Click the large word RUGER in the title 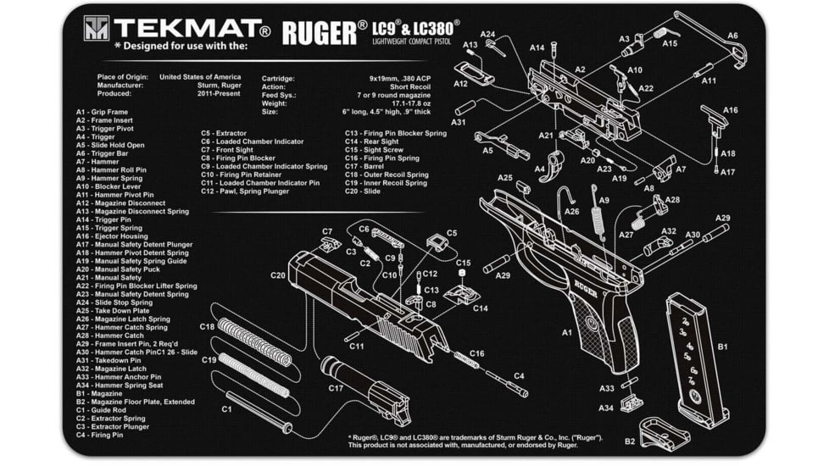[319, 32]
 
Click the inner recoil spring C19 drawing [253, 374]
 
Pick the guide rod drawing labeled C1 [259, 413]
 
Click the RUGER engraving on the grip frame [585, 288]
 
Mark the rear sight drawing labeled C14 [462, 294]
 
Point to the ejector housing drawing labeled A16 [714, 120]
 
